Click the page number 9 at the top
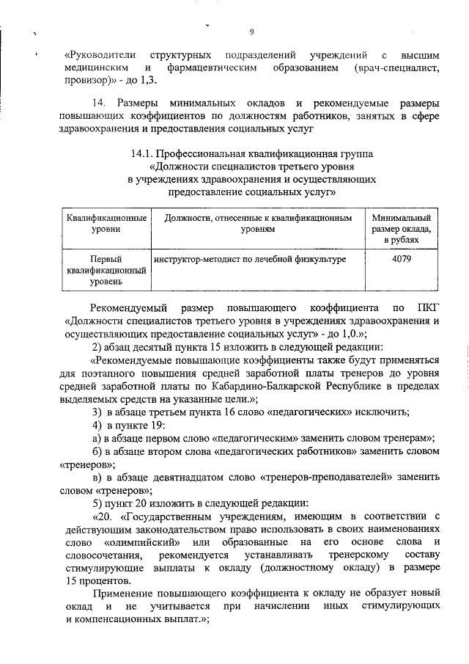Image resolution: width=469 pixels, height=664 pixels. point(251,32)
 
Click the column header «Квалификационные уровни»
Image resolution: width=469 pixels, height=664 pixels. point(106,224)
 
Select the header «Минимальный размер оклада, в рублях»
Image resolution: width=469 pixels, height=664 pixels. point(401,229)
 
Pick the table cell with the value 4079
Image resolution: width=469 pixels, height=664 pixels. point(401,259)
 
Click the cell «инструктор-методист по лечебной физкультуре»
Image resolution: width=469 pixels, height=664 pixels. point(250,259)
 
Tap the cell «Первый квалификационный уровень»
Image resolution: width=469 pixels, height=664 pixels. point(106,269)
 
